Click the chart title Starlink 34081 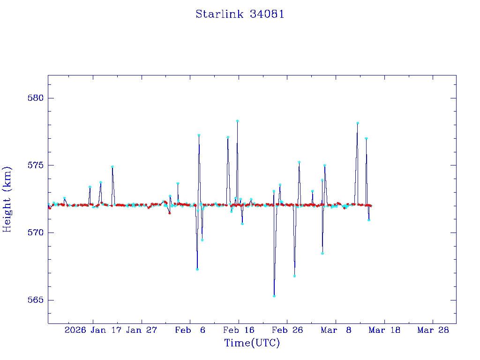tap(240, 14)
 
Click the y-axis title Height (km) tap(7, 199)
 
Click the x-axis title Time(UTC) tap(252, 343)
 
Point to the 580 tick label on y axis tap(36, 98)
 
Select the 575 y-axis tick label tap(36, 165)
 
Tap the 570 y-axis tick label tap(36, 232)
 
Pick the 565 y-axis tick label tap(36, 300)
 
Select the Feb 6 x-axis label tap(190, 330)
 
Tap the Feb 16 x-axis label tap(239, 330)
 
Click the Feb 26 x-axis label tap(287, 330)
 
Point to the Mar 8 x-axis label tap(336, 330)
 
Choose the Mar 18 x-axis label tap(384, 330)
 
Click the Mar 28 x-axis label tap(433, 330)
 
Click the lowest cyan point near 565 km tap(274, 296)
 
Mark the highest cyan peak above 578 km tap(238, 121)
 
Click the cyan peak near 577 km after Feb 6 tap(199, 135)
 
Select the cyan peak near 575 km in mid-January tap(112, 166)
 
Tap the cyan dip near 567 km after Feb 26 tap(294, 276)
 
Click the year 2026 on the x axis tap(75, 330)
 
